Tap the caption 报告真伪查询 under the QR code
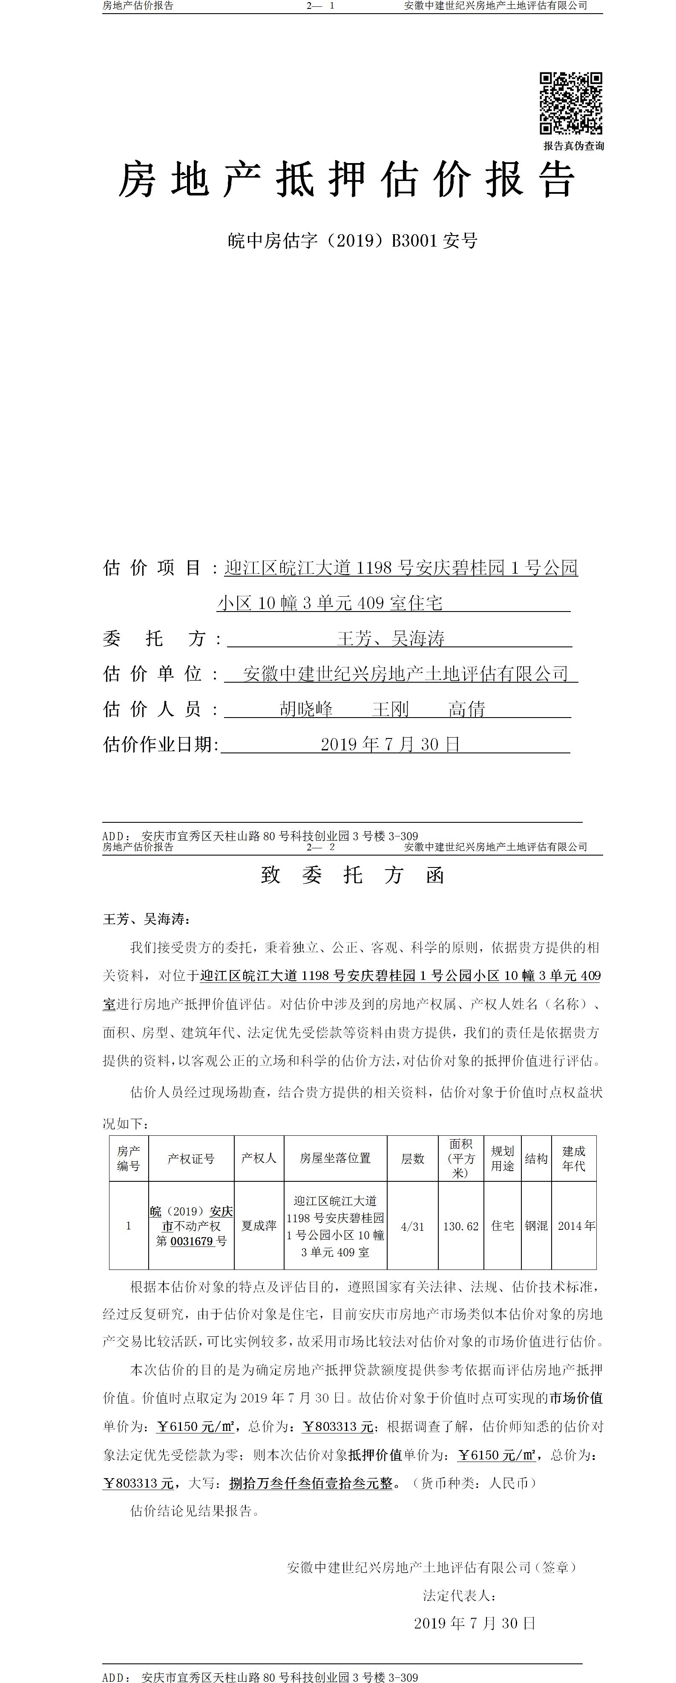(573, 146)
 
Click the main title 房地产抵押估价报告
(346, 180)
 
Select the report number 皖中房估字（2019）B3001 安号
(352, 241)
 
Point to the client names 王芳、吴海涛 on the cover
(390, 638)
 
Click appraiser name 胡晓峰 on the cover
(306, 709)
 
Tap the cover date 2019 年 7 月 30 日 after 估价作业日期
(390, 744)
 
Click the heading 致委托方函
(352, 875)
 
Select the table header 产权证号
(191, 1158)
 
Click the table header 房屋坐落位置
(335, 1158)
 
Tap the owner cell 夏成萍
(259, 1226)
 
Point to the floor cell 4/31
(412, 1226)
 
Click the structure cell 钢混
(536, 1226)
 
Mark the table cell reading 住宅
(503, 1226)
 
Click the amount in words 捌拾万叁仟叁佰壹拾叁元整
(311, 1483)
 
